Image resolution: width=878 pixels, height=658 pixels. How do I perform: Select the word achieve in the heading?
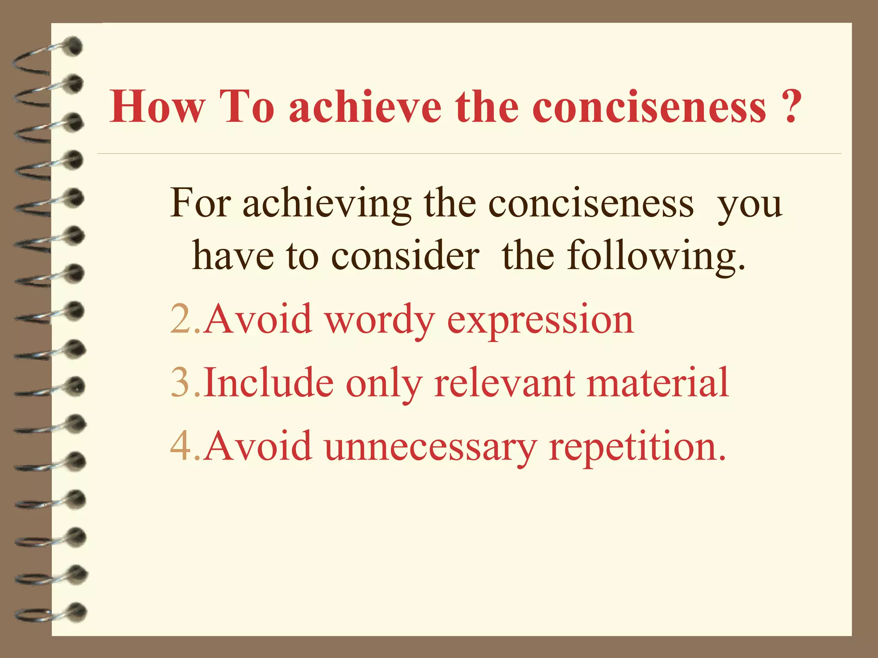tap(365, 107)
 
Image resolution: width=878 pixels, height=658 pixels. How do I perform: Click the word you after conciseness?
tap(750, 205)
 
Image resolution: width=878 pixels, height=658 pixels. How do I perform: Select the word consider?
tap(405, 256)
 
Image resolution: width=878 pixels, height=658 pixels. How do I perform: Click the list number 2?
tap(180, 319)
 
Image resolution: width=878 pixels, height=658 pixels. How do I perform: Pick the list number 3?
tap(180, 382)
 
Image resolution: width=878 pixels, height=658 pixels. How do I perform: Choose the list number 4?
tap(180, 446)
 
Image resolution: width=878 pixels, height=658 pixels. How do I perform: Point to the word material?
tap(658, 382)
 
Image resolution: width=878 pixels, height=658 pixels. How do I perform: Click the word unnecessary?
tap(431, 447)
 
